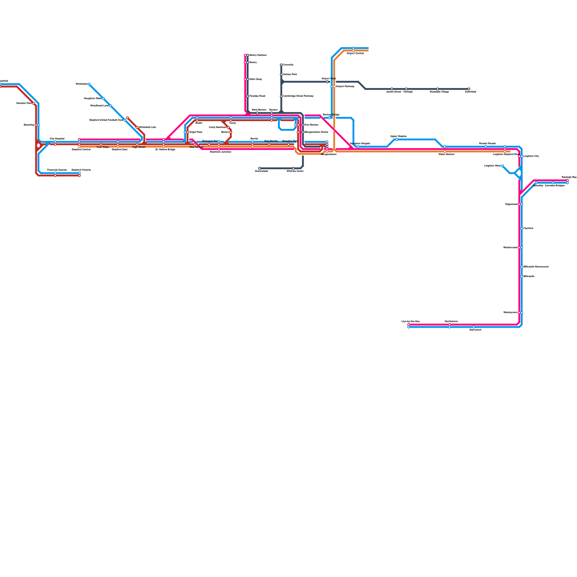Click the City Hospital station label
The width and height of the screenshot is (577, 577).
point(57,138)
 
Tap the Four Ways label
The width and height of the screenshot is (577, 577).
point(103,147)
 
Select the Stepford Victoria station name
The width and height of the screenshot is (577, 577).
point(81,170)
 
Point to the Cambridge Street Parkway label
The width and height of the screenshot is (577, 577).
point(298,96)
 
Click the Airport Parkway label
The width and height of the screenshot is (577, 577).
point(345,87)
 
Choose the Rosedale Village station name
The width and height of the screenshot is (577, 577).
point(439,92)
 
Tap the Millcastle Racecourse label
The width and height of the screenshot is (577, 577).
point(536,267)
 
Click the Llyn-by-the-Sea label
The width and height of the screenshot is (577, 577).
point(410,321)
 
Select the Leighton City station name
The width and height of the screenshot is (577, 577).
point(531,156)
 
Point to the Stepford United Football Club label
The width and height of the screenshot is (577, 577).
point(106,120)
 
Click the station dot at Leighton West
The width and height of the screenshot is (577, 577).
point(502,166)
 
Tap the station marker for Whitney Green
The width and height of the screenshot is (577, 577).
point(293,168)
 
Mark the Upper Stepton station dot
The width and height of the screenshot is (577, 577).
point(397,140)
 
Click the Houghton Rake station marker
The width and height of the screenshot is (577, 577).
point(103,98)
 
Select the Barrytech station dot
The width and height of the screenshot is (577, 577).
point(474,327)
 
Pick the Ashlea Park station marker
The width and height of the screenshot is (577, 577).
point(281,75)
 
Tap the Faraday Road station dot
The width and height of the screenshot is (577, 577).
point(248,96)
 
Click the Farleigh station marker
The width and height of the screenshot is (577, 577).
point(406,89)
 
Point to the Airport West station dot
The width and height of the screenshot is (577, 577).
point(327,82)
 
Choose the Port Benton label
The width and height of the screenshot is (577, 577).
point(311,125)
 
